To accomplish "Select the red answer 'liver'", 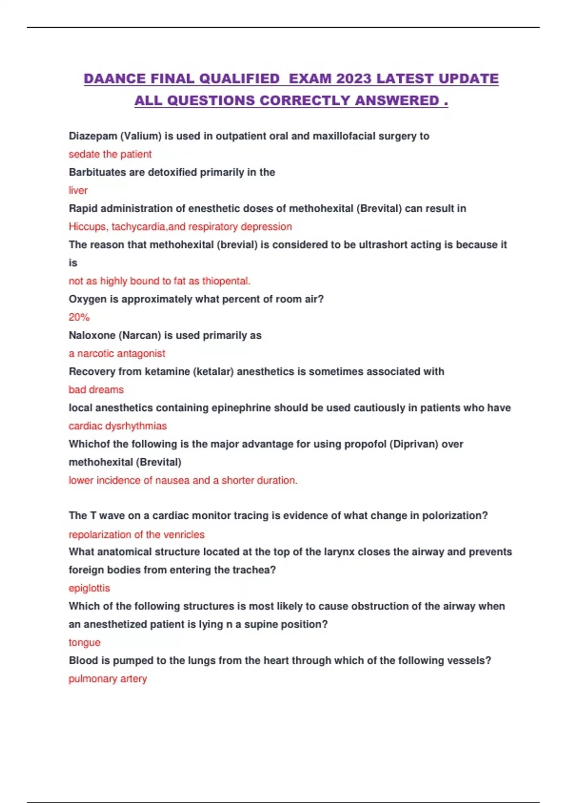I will (78, 190).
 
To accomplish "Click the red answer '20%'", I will (79, 317).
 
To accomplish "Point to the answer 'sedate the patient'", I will (110, 154).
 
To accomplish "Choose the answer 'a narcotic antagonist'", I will (117, 353).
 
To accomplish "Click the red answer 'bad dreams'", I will (96, 390).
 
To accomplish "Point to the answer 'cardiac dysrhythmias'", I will (118, 426).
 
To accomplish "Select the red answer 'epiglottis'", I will (89, 588).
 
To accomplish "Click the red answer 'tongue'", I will (85, 642).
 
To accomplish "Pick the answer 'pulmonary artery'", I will (108, 679).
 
